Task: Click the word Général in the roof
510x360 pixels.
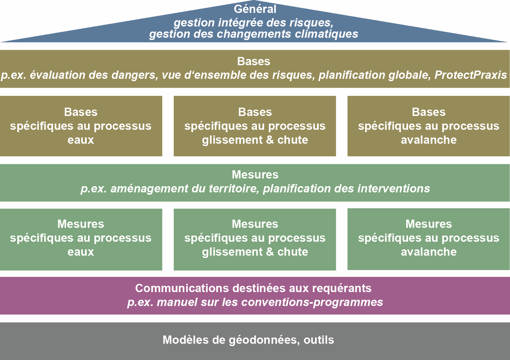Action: [255, 9]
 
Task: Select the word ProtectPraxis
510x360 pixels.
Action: [471, 75]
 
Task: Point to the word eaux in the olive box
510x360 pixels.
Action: [81, 140]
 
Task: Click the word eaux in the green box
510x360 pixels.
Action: [81, 252]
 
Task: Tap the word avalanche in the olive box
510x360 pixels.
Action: [429, 140]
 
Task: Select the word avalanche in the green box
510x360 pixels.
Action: [429, 252]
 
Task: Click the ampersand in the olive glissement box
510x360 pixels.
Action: [270, 140]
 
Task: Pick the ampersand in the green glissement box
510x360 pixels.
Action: [270, 252]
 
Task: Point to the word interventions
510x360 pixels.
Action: [394, 189]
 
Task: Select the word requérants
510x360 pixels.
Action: [342, 288]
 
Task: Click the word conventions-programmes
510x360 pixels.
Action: [312, 302]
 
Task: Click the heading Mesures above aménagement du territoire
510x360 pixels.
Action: [255, 175]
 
